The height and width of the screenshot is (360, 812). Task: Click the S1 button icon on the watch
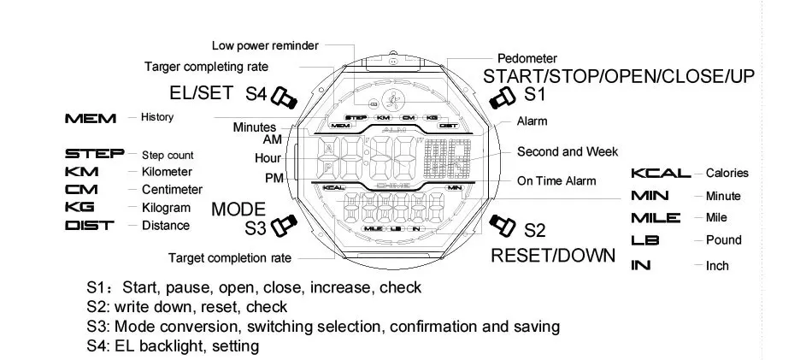(502, 98)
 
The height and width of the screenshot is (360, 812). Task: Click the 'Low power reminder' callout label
(265, 45)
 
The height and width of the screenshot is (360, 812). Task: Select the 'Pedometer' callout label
(527, 58)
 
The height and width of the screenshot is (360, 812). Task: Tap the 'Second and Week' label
(568, 151)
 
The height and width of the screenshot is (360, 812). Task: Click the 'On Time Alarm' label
(556, 180)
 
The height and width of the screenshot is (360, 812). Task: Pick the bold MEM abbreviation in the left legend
(91, 117)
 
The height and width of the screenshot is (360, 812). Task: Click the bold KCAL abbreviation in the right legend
(661, 173)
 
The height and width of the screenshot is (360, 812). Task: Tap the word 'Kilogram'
(167, 207)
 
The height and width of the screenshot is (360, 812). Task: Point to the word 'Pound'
(724, 240)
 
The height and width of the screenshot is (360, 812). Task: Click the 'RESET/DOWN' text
(553, 255)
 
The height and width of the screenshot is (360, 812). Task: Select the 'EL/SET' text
(201, 93)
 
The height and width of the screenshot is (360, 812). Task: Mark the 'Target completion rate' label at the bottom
(230, 257)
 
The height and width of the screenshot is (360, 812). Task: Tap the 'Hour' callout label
(268, 158)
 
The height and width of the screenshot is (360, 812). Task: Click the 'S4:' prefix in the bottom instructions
(98, 345)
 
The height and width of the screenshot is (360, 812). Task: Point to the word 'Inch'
(717, 266)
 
